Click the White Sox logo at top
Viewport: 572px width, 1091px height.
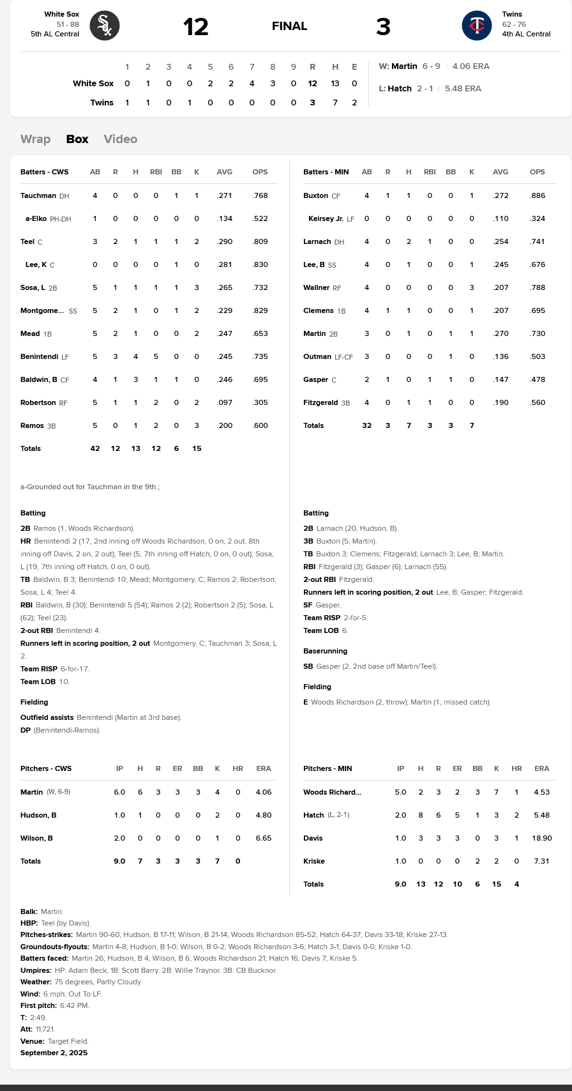[105, 26]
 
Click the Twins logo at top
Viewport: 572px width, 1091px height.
[477, 26]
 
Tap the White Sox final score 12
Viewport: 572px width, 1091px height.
[196, 27]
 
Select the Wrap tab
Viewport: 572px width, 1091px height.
[35, 139]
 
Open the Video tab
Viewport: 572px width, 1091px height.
[120, 139]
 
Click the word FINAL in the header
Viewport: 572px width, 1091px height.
[289, 26]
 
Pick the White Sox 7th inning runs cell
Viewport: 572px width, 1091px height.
[252, 84]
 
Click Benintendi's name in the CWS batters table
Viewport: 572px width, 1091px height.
[39, 356]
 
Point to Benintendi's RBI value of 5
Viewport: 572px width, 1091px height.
[156, 356]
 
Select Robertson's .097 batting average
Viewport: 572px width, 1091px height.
[225, 402]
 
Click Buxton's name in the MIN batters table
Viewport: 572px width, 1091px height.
[315, 195]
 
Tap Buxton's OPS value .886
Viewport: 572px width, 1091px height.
[538, 195]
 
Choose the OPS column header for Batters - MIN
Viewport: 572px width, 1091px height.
[538, 172]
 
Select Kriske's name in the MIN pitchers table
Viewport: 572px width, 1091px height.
[314, 861]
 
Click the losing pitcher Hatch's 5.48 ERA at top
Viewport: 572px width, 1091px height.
[463, 89]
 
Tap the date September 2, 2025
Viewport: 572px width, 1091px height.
[54, 1053]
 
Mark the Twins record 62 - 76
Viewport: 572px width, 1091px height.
[514, 25]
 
